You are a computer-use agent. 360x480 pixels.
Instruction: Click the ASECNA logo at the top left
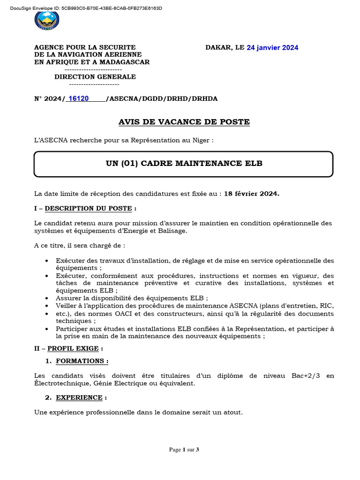click(x=47, y=21)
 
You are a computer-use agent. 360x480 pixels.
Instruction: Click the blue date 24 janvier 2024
click(x=272, y=48)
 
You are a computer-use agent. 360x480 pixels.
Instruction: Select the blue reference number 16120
click(x=78, y=98)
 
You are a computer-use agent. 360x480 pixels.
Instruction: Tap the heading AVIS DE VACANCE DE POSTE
click(x=184, y=122)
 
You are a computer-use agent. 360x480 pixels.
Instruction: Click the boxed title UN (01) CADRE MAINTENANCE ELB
click(x=184, y=164)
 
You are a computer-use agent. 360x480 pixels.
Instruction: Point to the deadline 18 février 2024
click(x=251, y=194)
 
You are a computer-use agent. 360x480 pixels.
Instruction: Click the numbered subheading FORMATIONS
click(x=82, y=361)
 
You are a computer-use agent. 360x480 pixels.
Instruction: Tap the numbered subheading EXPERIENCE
click(x=79, y=397)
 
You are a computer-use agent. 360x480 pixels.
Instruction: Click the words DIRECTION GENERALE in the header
click(x=95, y=77)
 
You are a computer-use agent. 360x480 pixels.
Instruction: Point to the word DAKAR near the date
click(x=218, y=48)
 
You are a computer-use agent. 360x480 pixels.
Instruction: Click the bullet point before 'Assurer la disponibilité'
click(x=46, y=298)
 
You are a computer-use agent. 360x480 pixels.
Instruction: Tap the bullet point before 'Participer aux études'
click(x=46, y=329)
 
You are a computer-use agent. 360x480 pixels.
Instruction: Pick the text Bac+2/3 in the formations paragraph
click(x=297, y=376)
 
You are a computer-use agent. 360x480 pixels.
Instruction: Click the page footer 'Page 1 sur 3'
click(x=184, y=450)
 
